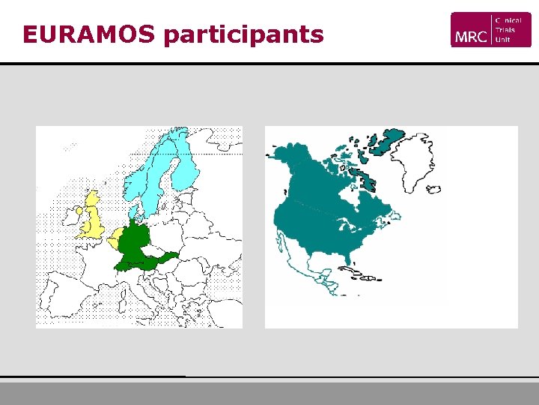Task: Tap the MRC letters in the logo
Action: point(469,36)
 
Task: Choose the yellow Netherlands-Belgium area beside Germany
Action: point(115,241)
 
